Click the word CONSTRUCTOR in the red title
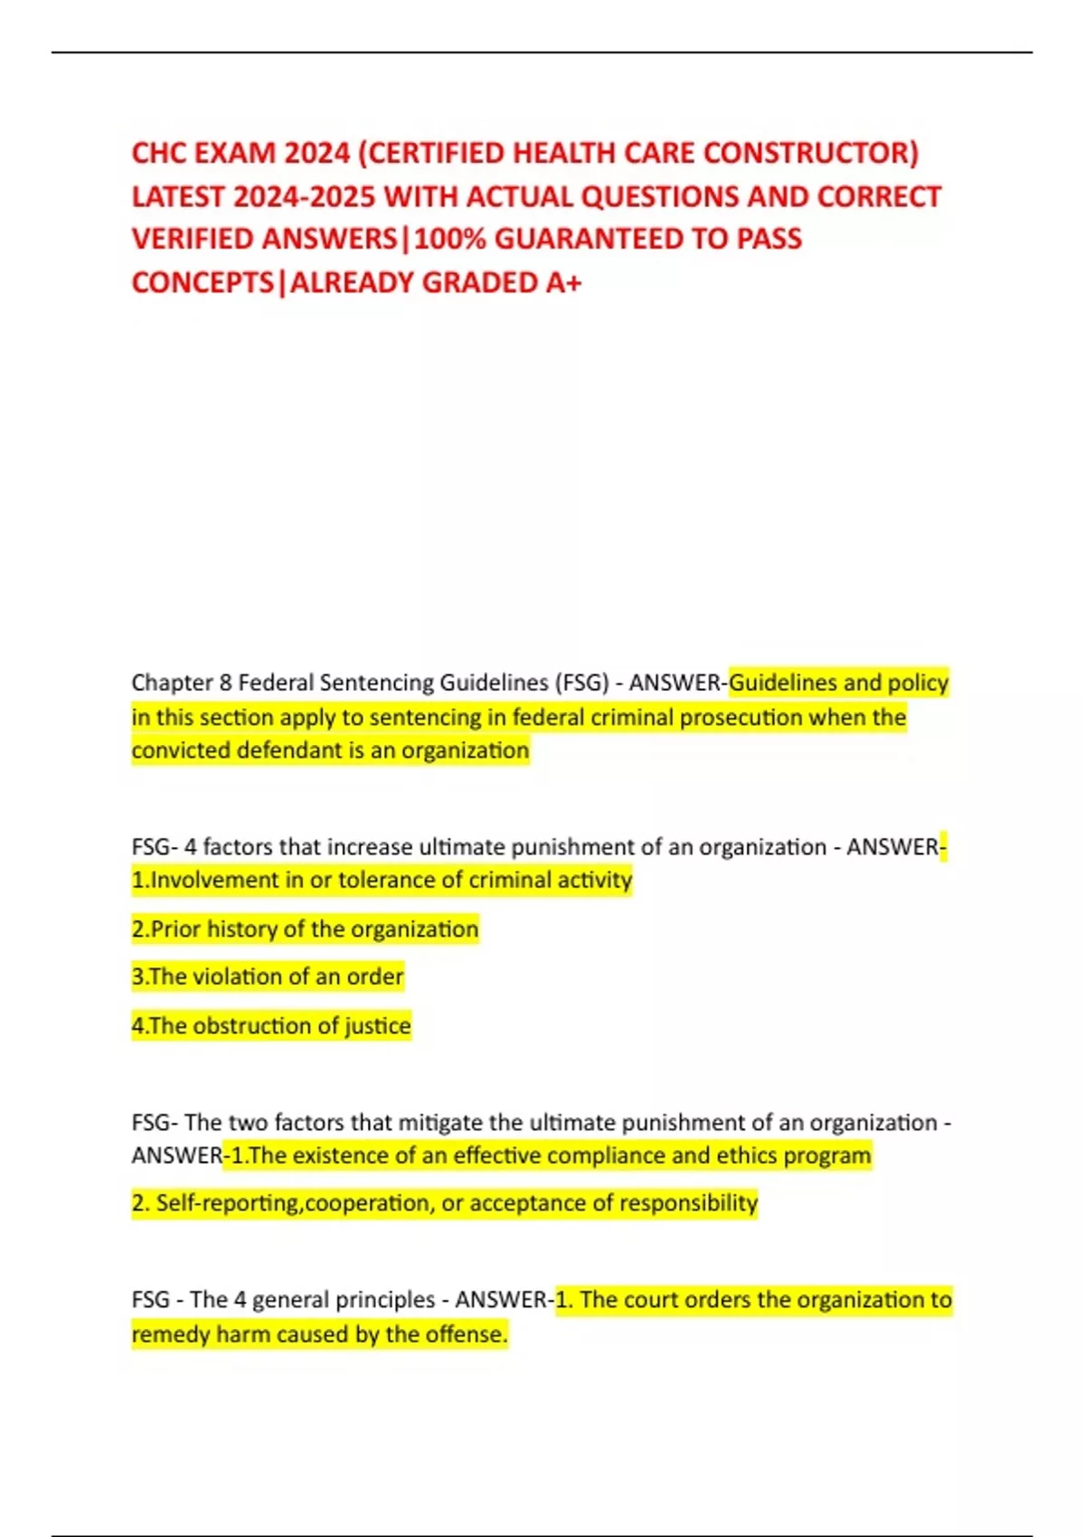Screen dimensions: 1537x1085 pos(810,153)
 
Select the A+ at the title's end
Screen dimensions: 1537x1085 pos(563,283)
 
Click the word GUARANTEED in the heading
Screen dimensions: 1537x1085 pos(589,239)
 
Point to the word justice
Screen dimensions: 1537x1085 pos(377,1025)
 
